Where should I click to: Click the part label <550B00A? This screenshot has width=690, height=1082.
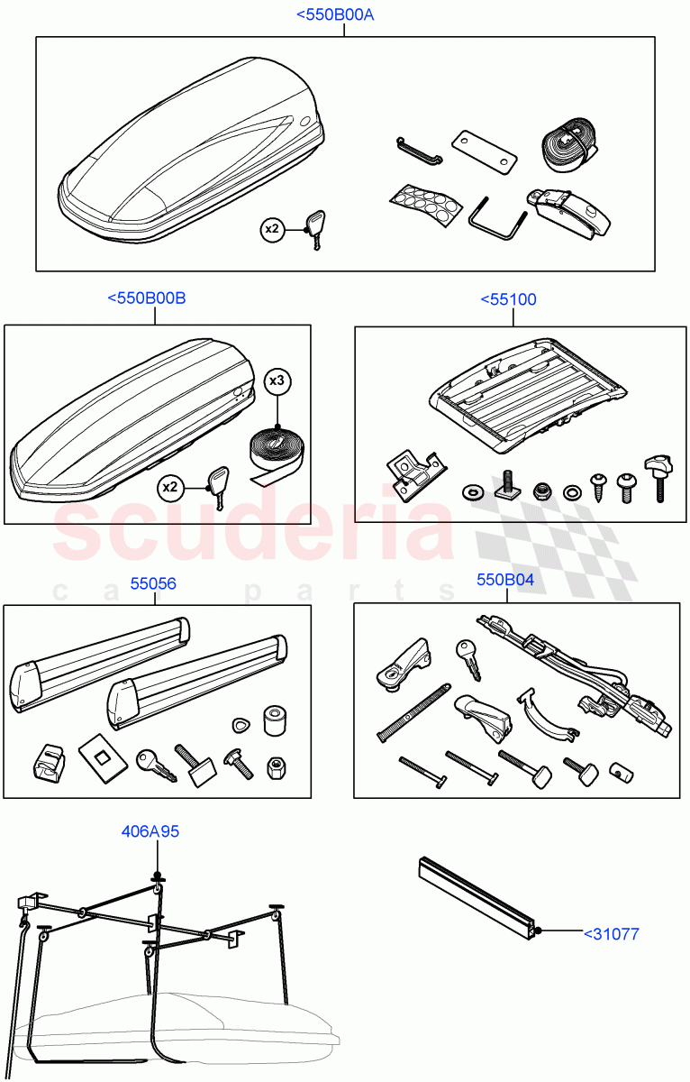point(335,15)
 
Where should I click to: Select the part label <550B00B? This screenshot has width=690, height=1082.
point(146,298)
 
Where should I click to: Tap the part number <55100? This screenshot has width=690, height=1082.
point(508,299)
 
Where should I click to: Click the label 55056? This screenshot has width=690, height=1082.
point(153,583)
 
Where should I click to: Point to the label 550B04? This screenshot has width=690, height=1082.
point(505,580)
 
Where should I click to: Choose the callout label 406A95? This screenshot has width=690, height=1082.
point(150,831)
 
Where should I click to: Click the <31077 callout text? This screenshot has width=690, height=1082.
point(612,934)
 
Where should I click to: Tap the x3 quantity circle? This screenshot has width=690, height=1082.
point(277,381)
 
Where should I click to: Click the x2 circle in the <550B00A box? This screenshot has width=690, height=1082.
point(272,229)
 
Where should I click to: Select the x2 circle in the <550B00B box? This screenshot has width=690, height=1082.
point(170,487)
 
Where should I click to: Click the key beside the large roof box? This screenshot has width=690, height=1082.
point(315,229)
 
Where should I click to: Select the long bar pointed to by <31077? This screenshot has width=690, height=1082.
point(477,898)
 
